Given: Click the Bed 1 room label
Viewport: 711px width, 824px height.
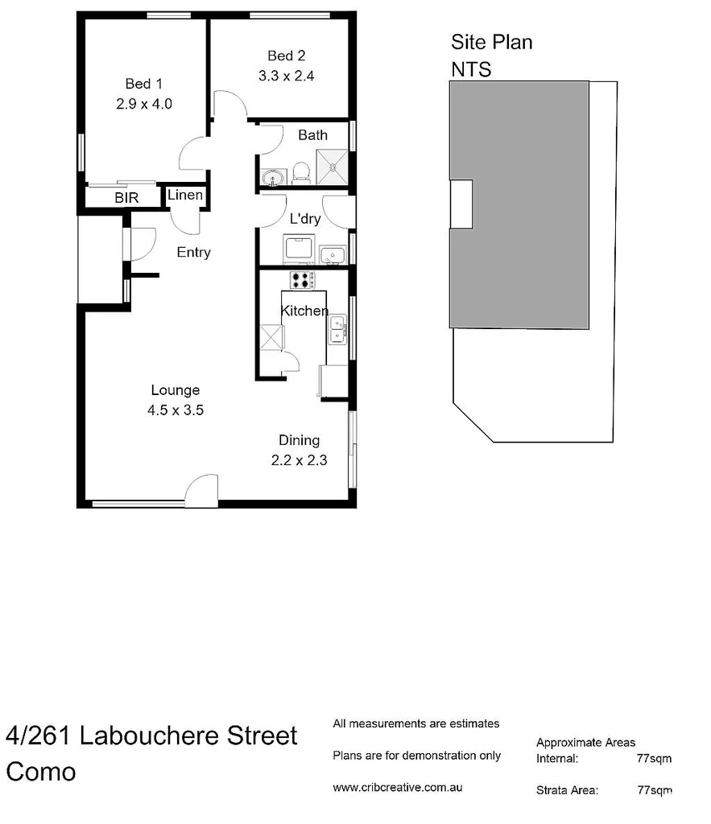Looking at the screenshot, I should coord(143,83).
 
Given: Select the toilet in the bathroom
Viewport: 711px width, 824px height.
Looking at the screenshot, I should coord(301,171).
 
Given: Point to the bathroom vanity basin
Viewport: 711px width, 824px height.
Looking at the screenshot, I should coord(271,175).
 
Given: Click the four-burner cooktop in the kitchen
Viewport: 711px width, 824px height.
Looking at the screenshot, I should coord(302,280).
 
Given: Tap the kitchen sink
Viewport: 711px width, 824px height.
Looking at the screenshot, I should coord(337,328).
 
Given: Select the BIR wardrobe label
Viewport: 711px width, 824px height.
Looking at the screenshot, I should coord(126,197).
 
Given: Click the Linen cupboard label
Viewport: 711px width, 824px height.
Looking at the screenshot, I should coord(184,196).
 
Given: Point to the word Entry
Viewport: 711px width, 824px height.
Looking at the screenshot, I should coord(193,253).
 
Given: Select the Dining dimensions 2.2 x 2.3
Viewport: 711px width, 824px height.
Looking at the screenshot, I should coord(299,461).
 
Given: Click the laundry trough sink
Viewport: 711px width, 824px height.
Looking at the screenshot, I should coord(332,255).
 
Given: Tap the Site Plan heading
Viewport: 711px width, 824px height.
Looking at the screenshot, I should coord(491,42).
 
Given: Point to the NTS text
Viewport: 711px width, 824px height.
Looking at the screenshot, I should coord(471,69).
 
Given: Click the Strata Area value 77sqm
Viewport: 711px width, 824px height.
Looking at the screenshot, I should coord(654,790).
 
